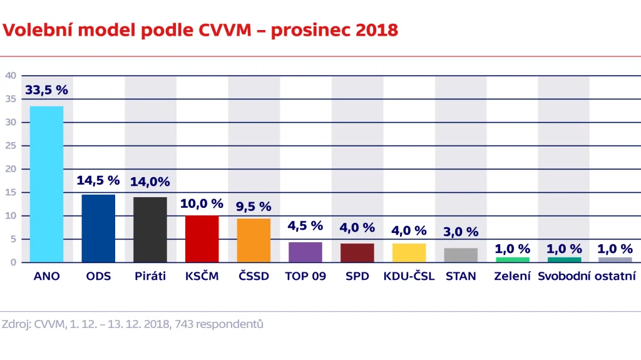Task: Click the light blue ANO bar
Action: [x=46, y=184]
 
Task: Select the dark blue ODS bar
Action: [x=98, y=229]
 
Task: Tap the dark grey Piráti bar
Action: [x=150, y=230]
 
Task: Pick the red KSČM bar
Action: [x=202, y=239]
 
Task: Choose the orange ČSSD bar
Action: [x=254, y=240]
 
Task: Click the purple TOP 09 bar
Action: [x=305, y=252]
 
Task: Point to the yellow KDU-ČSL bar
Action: [x=409, y=253]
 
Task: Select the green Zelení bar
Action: [x=512, y=259]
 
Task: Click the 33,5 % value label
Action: [x=46, y=90]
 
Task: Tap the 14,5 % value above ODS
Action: [x=98, y=180]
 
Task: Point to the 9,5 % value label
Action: [x=254, y=206]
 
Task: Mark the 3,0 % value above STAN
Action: [x=461, y=232]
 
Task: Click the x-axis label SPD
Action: [x=357, y=276]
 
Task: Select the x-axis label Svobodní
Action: [x=564, y=276]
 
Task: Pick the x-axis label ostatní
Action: [x=616, y=276]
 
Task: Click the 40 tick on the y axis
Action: [x=10, y=76]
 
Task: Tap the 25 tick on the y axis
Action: [x=10, y=146]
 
